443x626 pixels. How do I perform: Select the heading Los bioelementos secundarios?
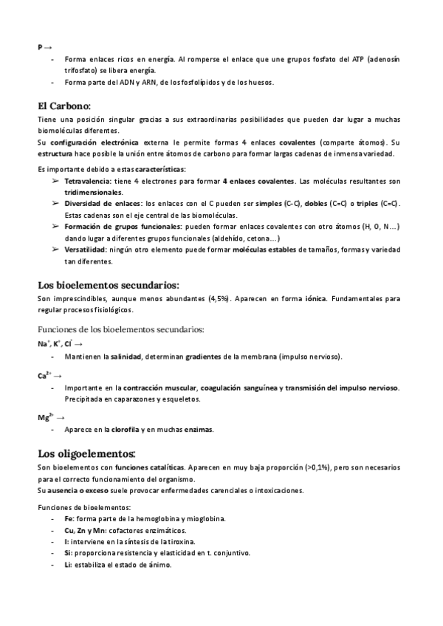(109, 285)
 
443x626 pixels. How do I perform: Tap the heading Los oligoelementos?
(86, 453)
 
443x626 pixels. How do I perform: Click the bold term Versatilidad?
(86, 250)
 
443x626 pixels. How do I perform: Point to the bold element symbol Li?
(69, 565)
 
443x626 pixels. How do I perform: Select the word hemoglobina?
(156, 519)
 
